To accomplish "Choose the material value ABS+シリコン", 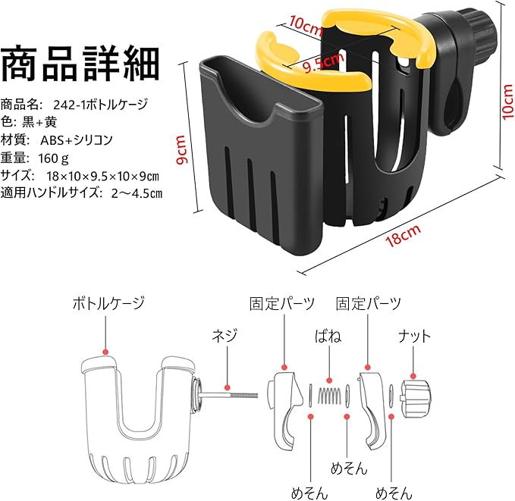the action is tap(77, 140).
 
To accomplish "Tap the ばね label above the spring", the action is tap(328, 336).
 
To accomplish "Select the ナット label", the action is tap(415, 336).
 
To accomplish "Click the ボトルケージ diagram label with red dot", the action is tap(108, 305).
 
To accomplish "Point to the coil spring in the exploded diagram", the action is tap(328, 395).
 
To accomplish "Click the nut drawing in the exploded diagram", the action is tap(415, 396).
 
